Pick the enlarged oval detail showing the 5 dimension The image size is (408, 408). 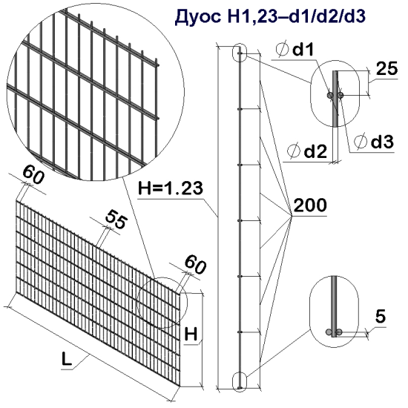[335, 310]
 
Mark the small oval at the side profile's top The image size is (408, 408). [240, 53]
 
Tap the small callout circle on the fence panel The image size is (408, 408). [162, 303]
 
